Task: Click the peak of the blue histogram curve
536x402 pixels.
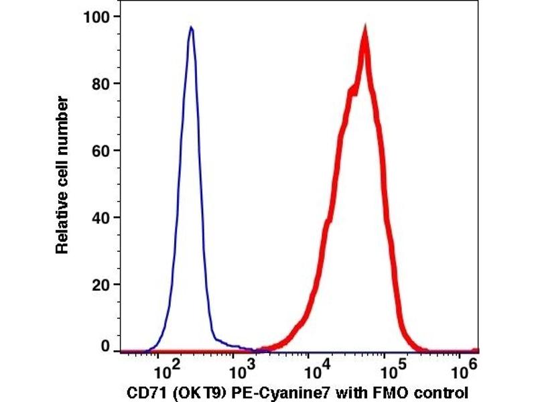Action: pos(191,28)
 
